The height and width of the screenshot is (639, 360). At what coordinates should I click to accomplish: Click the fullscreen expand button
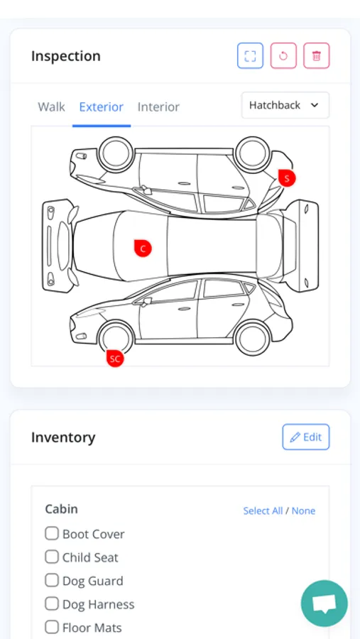click(x=251, y=56)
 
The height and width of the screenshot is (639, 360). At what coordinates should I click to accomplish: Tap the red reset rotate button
click(x=283, y=56)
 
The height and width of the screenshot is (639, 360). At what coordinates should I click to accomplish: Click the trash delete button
click(x=317, y=56)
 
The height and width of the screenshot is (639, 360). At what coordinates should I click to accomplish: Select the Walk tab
click(x=51, y=107)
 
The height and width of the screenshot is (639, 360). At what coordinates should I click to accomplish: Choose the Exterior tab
click(x=101, y=107)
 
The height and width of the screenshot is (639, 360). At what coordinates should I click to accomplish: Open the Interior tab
click(x=158, y=107)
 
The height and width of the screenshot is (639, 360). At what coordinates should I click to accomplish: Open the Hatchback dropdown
click(x=285, y=105)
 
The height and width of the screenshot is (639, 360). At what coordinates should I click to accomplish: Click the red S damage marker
click(x=287, y=178)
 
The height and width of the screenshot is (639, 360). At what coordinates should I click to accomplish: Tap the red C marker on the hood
click(x=143, y=248)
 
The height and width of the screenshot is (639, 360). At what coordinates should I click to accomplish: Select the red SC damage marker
click(x=115, y=359)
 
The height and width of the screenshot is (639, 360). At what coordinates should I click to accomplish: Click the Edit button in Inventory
click(x=306, y=437)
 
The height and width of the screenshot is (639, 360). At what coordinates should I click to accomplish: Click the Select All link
click(x=263, y=511)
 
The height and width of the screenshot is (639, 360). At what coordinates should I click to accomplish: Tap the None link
click(x=303, y=511)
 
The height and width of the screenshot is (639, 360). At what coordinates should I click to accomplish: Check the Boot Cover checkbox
click(x=52, y=533)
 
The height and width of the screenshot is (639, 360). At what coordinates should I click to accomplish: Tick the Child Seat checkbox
click(x=52, y=557)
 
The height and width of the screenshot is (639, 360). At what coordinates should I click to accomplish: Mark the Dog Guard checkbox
click(x=52, y=580)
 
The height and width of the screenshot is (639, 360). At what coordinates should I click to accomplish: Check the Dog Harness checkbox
click(x=52, y=603)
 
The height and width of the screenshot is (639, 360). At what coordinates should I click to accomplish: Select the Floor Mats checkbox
click(x=52, y=627)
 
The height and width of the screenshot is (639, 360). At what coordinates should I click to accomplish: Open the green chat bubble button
click(x=324, y=603)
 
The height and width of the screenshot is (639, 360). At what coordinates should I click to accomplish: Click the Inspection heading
click(x=65, y=56)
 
